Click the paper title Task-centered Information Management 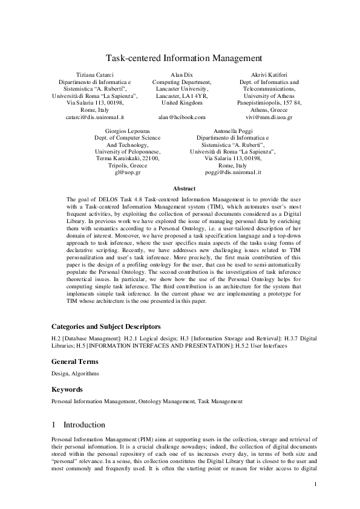tap(184, 59)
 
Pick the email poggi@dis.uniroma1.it tap(233, 172)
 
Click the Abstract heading tap(184, 189)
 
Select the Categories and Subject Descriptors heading tap(106, 326)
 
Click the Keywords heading tap(67, 389)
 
